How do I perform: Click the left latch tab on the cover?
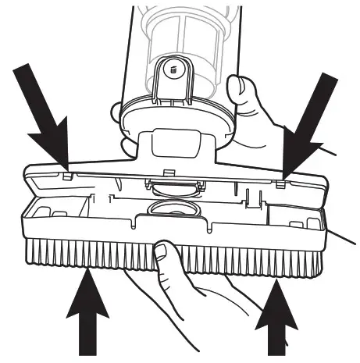[x=67, y=173]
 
